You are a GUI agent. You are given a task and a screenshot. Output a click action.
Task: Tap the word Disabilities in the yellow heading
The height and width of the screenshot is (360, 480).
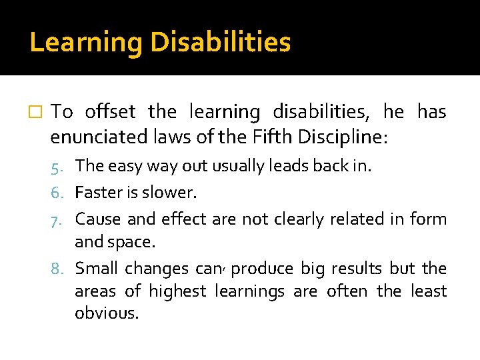pos(221,42)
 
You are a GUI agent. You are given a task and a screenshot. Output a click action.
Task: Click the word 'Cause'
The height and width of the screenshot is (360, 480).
pos(97,219)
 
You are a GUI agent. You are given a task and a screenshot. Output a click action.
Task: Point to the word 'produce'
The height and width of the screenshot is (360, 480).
pos(262,269)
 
